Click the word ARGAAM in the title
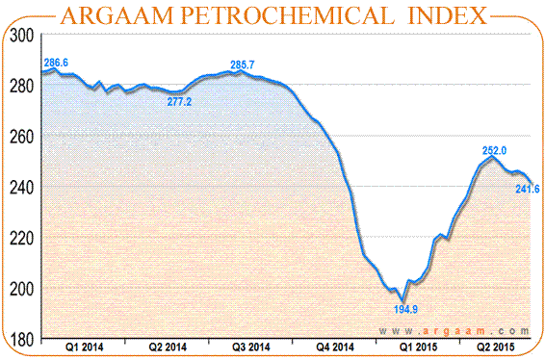pos(126,16)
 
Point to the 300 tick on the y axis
pos(21,36)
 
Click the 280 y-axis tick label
pos(21,86)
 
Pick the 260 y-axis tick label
pos(21,137)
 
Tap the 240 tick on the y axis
pos(21,187)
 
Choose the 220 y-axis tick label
pos(21,238)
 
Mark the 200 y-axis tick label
pos(21,289)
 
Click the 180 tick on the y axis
pos(21,339)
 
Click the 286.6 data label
pos(56,63)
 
